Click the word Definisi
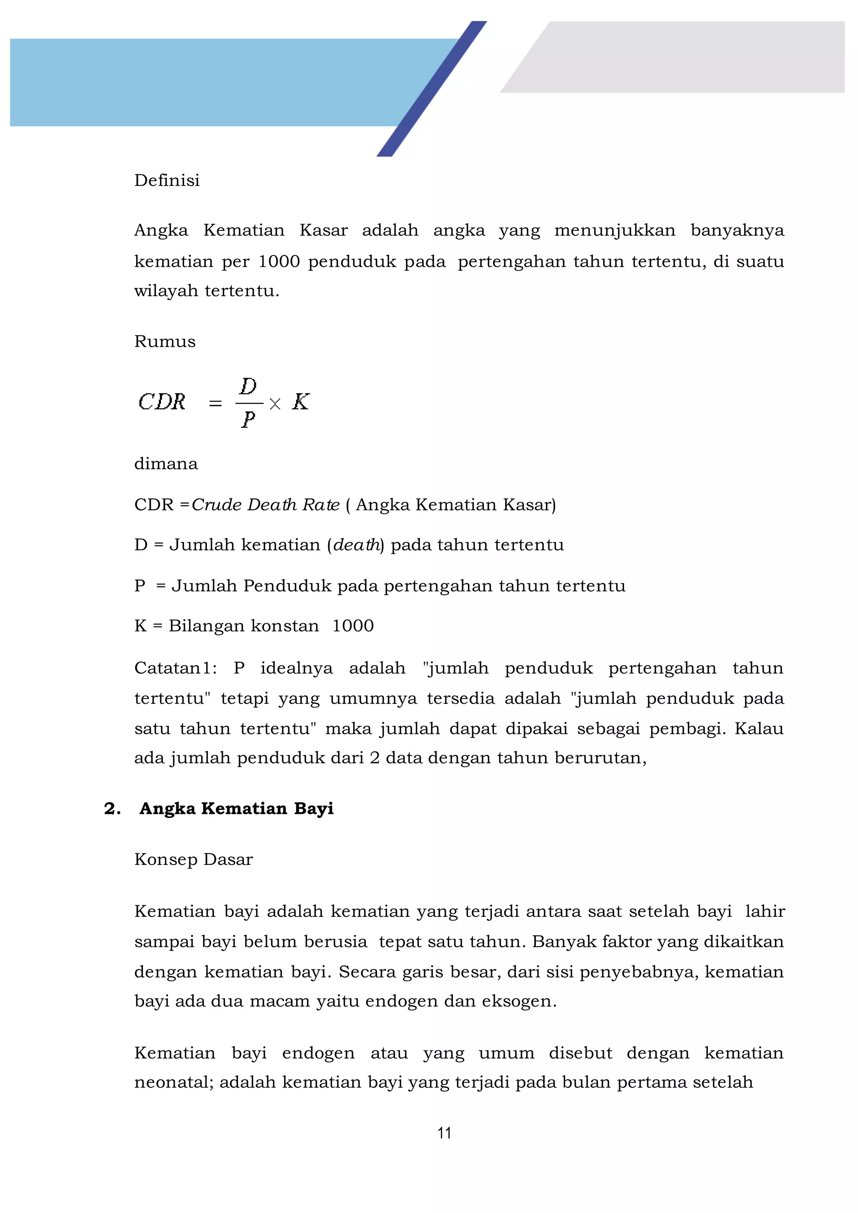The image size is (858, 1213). point(167,180)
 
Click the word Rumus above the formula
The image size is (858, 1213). point(165,341)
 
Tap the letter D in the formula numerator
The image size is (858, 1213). point(248,386)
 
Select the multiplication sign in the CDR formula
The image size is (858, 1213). point(275,404)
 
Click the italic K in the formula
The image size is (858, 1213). point(301,402)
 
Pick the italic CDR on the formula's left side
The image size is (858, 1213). point(162,402)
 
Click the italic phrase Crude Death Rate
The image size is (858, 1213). point(265,505)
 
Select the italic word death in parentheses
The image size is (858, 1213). point(356,545)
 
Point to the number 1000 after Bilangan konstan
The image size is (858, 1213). point(353,626)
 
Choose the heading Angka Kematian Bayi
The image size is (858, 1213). point(236,808)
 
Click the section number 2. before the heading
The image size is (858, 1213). point(112,808)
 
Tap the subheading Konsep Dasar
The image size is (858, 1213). point(194,859)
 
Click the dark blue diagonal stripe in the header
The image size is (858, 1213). point(432,89)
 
